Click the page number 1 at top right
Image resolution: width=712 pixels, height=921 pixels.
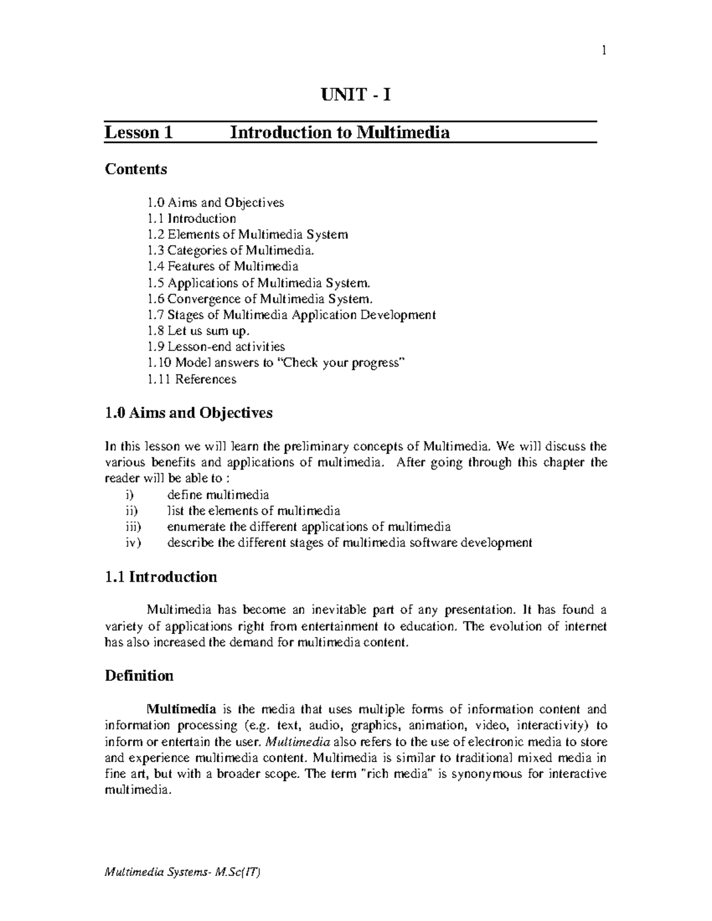(603, 51)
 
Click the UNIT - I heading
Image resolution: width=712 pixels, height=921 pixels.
(356, 95)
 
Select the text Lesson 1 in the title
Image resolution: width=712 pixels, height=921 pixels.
(138, 132)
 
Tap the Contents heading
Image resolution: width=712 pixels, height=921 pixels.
(136, 170)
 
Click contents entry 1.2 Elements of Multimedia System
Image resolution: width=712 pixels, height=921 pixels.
(247, 234)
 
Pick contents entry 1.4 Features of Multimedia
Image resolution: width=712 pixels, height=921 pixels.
(223, 266)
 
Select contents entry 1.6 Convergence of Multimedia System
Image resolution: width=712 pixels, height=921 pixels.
(261, 299)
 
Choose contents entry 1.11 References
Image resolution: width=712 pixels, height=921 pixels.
(192, 379)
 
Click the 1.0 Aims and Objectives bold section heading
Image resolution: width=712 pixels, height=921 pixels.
(188, 413)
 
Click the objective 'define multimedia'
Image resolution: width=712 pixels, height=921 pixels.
(218, 495)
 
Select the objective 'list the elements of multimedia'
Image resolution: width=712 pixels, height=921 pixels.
(253, 511)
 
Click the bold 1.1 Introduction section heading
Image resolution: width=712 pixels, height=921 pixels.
(161, 577)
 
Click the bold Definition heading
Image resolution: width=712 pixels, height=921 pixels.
(139, 676)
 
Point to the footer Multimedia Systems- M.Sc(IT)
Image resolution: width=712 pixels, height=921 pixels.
(182, 872)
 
